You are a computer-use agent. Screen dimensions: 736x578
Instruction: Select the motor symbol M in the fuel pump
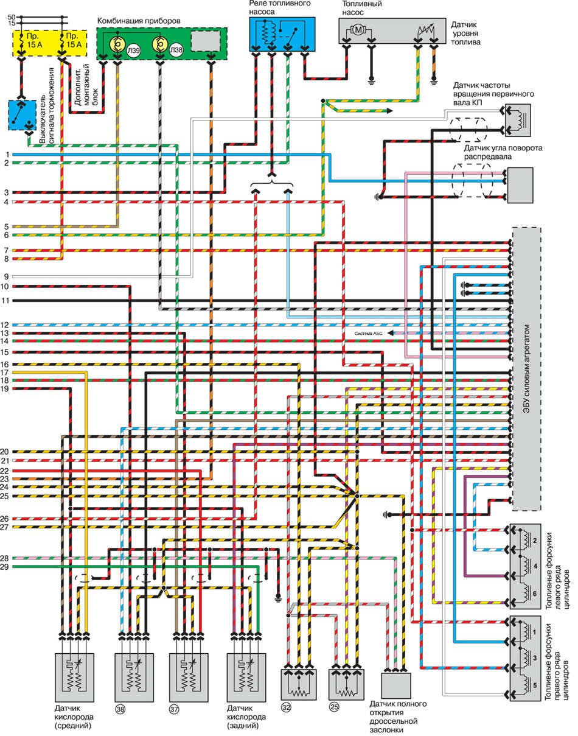point(358,29)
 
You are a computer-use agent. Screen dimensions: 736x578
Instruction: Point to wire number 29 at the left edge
point(4,567)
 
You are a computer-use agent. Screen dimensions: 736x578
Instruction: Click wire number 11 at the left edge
point(4,301)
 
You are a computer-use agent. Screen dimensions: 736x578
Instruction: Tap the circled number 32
point(286,707)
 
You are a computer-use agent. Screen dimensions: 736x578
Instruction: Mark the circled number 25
point(334,707)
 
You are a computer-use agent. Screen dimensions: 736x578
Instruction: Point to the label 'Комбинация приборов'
point(139,21)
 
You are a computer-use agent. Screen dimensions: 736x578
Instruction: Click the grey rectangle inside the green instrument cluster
point(207,41)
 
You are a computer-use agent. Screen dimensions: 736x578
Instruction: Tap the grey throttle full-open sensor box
point(396,685)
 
